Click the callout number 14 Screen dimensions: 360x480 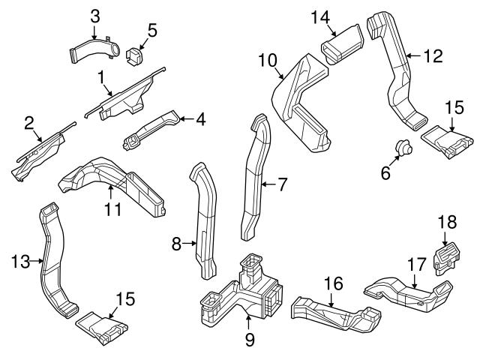point(320,16)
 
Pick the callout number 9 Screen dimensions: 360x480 point(250,340)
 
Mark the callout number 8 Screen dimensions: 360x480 point(177,242)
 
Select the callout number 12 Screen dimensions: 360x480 point(433,55)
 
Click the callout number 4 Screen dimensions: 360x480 point(201,118)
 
